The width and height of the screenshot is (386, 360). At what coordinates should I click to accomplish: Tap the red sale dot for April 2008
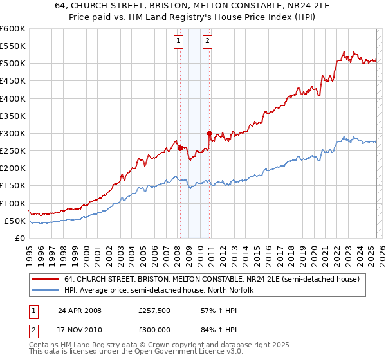[180, 148]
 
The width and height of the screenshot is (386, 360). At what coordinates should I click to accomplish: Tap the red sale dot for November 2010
[209, 133]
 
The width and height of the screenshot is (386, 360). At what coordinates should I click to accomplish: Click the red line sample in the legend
[46, 279]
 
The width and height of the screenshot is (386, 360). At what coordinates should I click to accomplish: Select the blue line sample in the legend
[46, 291]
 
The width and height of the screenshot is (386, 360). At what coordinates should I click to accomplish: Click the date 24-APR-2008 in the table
[79, 310]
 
